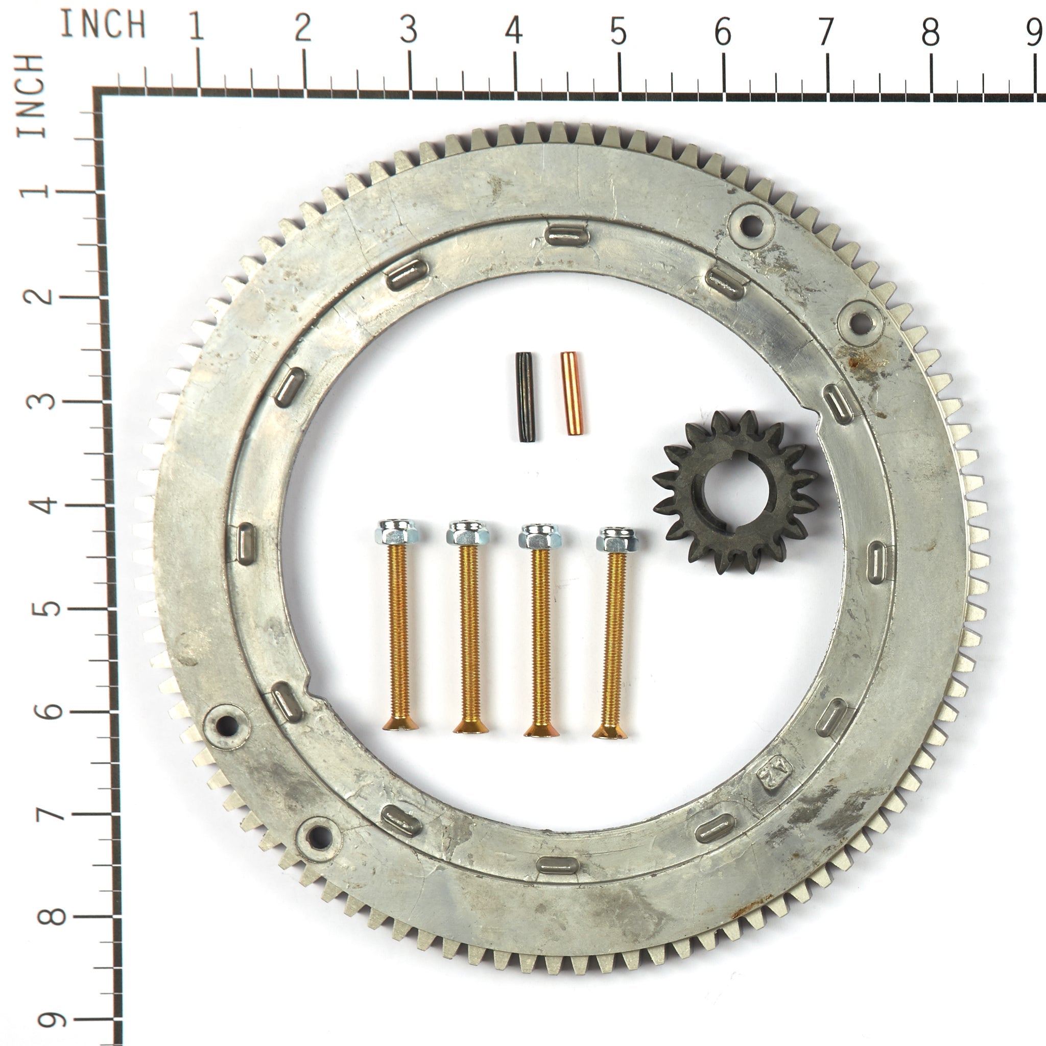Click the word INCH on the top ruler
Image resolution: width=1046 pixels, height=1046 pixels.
pyautogui.click(x=103, y=25)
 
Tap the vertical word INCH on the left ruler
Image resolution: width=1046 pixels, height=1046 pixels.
pyautogui.click(x=29, y=96)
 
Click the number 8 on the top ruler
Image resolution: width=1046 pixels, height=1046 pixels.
pyautogui.click(x=931, y=33)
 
